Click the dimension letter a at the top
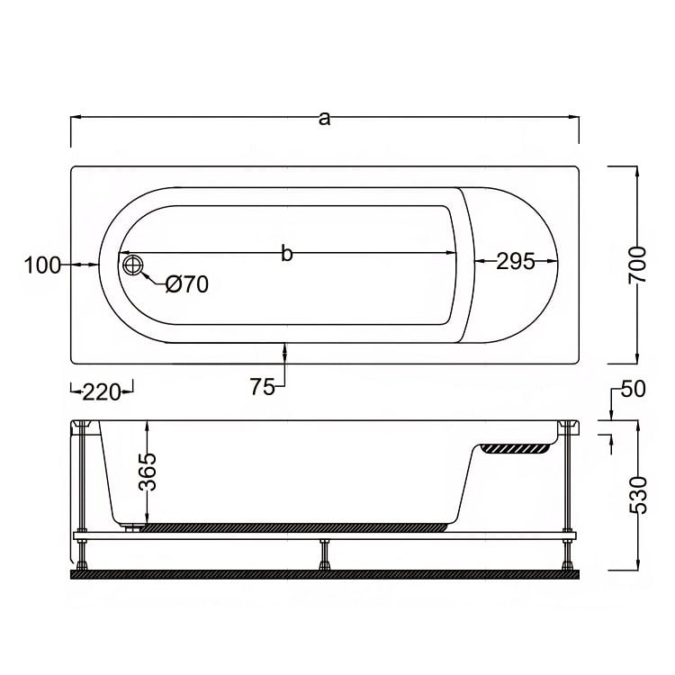tap(324, 119)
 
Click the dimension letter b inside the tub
tap(287, 253)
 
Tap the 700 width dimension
tap(637, 265)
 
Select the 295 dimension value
tap(516, 261)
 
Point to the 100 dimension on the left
tap(42, 265)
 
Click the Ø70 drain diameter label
tap(187, 284)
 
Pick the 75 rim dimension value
tap(262, 387)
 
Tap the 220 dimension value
tap(101, 392)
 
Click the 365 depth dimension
tap(148, 472)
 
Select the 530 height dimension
tap(638, 495)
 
